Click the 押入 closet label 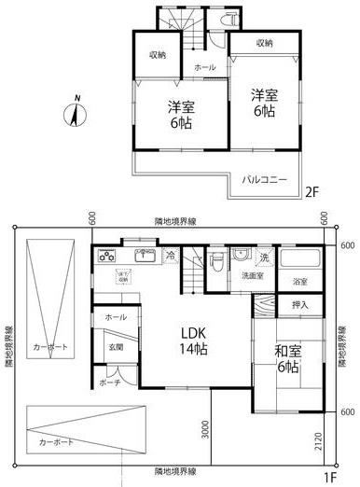[300, 304]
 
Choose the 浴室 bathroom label [300, 282]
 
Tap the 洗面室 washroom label [253, 276]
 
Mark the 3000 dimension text [205, 428]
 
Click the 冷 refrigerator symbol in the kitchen [171, 254]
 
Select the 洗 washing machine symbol [265, 256]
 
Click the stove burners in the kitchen [106, 256]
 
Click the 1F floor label [330, 479]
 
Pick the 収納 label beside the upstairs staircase [158, 55]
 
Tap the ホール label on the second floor [205, 68]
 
